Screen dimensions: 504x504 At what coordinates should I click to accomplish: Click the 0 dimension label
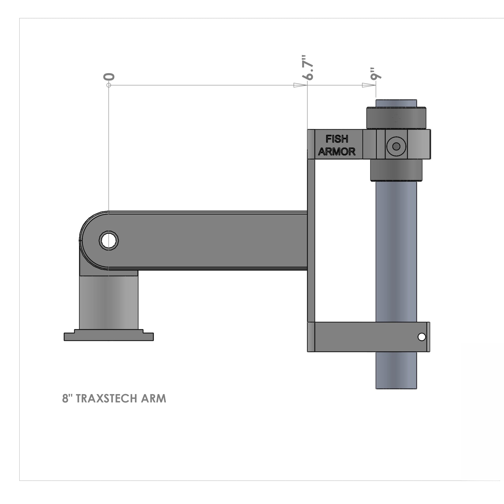[109, 77]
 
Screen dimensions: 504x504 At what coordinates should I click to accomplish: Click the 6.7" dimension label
[307, 67]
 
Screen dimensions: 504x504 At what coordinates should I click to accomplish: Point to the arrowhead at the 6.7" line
[300, 85]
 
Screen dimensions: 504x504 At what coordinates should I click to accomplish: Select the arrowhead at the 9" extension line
[368, 85]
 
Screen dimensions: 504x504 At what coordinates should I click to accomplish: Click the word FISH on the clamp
[337, 139]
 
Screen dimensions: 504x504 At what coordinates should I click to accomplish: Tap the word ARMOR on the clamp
[337, 152]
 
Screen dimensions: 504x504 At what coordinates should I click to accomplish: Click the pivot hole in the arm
[109, 241]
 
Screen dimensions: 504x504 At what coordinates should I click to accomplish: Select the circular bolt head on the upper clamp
[396, 146]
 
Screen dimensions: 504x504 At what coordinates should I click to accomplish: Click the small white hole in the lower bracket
[422, 337]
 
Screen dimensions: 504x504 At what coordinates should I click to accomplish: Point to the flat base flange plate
[109, 337]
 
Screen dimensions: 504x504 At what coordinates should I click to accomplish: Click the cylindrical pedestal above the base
[109, 303]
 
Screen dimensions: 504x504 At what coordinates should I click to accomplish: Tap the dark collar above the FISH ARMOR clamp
[396, 118]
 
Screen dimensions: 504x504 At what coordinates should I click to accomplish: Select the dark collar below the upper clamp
[396, 170]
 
